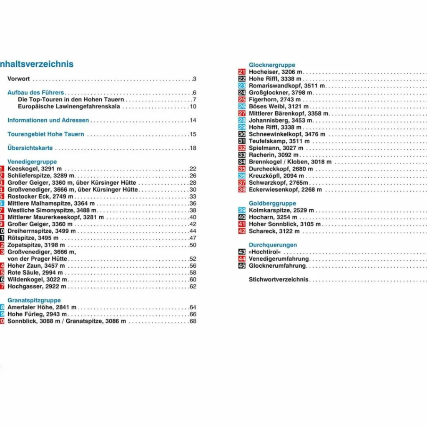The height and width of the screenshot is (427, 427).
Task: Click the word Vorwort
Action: pyautogui.click(x=19, y=79)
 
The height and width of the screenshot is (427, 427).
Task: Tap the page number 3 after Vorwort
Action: pyautogui.click(x=194, y=79)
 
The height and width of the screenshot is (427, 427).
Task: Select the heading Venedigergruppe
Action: pyautogui.click(x=32, y=162)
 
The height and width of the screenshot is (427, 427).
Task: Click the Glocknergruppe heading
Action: pyautogui.click(x=272, y=65)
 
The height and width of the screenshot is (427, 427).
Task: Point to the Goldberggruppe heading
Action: pyautogui.click(x=272, y=203)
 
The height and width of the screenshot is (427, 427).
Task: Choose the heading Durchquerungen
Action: pyautogui.click(x=273, y=245)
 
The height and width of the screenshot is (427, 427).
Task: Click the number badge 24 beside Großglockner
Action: pyautogui.click(x=242, y=93)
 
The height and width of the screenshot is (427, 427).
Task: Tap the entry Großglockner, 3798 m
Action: pyautogui.click(x=280, y=93)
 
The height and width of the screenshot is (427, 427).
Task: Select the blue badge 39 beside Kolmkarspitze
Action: pyautogui.click(x=242, y=211)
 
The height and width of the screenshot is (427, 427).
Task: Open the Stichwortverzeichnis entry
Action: pyautogui.click(x=279, y=279)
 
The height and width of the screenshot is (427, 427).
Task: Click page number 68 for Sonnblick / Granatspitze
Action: pyautogui.click(x=193, y=321)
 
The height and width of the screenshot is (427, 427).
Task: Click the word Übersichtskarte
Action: pyautogui.click(x=30, y=148)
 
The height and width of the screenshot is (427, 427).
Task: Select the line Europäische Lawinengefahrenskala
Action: pyautogui.click(x=69, y=106)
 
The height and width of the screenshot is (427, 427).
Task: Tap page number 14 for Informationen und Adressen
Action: pyautogui.click(x=193, y=121)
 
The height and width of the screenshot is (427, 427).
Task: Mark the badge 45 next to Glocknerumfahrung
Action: pyautogui.click(x=242, y=266)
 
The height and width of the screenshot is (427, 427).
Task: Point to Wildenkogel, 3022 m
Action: pyautogui.click(x=37, y=279)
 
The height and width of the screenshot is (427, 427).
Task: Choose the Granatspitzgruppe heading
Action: pyautogui.click(x=34, y=300)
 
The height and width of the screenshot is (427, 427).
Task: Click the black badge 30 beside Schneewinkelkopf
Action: pyautogui.click(x=242, y=134)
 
